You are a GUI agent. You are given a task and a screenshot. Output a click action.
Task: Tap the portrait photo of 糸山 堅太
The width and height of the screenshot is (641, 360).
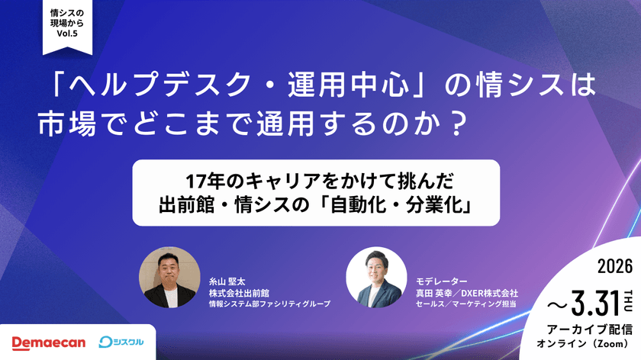click(169, 278)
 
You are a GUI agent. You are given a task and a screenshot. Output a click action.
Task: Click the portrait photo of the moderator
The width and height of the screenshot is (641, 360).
click(375, 278)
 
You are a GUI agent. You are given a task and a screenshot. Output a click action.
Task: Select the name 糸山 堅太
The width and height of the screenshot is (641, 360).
click(227, 280)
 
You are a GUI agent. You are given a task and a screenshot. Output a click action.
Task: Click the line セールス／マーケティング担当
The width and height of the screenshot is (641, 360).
click(466, 304)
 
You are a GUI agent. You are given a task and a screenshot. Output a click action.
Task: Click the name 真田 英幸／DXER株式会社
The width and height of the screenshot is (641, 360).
click(467, 292)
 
